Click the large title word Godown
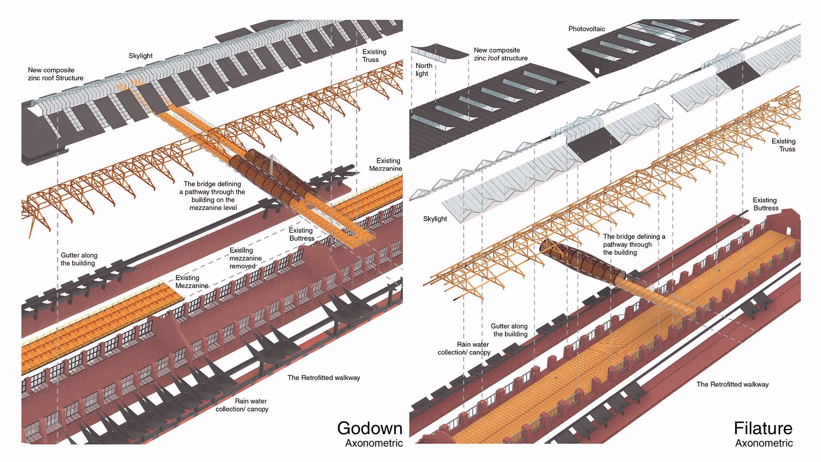pos(369,428)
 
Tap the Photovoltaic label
pos(587,29)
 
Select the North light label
pos(423,69)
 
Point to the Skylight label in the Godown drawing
pos(140,56)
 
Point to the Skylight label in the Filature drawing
pos(435,219)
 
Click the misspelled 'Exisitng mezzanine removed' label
pos(245,258)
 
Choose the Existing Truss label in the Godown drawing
pos(374,56)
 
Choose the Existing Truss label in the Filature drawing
pos(783,145)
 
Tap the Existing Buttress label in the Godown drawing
pos(301,234)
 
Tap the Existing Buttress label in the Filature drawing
pos(765,204)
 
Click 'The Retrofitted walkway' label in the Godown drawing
pos(324,378)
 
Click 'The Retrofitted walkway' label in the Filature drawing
pos(732,385)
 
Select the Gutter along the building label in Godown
pos(79,259)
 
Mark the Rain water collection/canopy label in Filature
pos(464,348)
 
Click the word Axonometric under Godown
pos(374,443)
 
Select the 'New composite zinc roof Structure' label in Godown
pos(56,74)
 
